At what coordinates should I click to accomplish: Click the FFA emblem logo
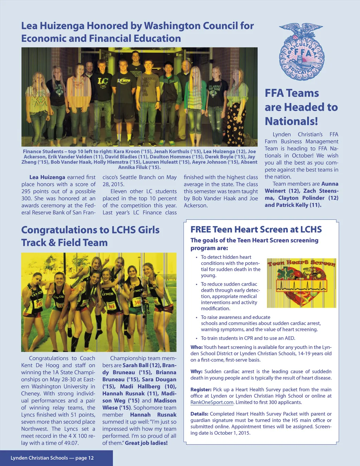pyautogui.click(x=301, y=52)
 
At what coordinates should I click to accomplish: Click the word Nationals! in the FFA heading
pyautogui.click(x=291, y=121)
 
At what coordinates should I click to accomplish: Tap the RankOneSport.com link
pyautogui.click(x=212, y=402)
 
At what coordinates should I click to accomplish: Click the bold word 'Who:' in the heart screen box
pyautogui.click(x=197, y=347)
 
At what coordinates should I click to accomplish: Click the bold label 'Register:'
pyautogui.click(x=201, y=390)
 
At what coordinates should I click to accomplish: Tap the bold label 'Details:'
pyautogui.click(x=199, y=414)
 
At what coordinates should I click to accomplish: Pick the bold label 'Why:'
pyautogui.click(x=196, y=371)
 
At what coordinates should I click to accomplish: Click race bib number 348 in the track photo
pyautogui.click(x=111, y=306)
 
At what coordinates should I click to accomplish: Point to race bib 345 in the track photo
pyautogui.click(x=38, y=303)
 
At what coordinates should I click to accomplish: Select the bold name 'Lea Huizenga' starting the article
pyautogui.click(x=47, y=177)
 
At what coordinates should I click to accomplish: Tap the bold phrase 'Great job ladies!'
pyautogui.click(x=146, y=443)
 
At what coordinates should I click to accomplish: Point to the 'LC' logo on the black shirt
pyautogui.click(x=103, y=82)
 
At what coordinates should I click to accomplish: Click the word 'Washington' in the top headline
pyautogui.click(x=173, y=26)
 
